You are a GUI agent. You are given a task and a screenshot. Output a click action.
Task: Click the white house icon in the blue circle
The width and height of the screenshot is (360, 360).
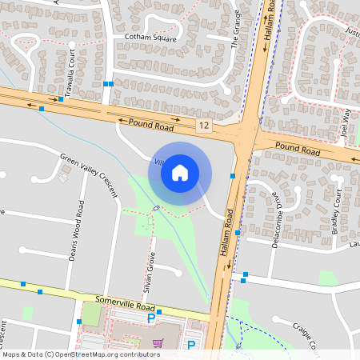pyautogui.click(x=180, y=172)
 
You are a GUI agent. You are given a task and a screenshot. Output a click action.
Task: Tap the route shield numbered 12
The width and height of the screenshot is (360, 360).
pyautogui.click(x=204, y=126)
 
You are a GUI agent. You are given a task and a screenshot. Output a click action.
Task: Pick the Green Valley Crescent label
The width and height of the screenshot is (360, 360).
pyautogui.click(x=89, y=175)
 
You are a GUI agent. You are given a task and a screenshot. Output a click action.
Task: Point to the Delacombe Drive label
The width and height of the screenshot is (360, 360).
pyautogui.click(x=276, y=220)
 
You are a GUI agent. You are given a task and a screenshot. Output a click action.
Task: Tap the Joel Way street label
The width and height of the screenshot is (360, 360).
pyautogui.click(x=346, y=124)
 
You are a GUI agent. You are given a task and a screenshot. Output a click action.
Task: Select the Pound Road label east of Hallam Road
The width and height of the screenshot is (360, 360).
pyautogui.click(x=298, y=149)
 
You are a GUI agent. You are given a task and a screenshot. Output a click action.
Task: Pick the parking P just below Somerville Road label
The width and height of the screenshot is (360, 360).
pyautogui.click(x=151, y=319)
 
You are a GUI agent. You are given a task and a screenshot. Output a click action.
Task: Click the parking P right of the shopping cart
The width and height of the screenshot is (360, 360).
pyautogui.click(x=191, y=345)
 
